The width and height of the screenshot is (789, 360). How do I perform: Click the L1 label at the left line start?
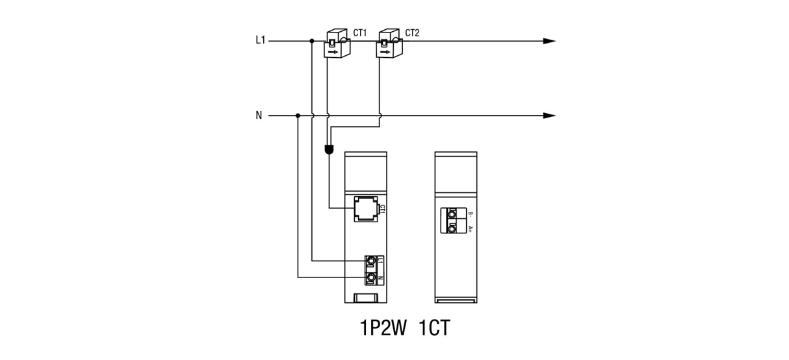260,40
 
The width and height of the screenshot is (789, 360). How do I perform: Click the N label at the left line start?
259,116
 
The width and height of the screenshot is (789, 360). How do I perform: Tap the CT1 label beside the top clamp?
360,32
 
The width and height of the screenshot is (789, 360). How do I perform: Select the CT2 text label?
412,32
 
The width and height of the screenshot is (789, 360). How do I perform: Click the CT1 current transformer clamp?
337,43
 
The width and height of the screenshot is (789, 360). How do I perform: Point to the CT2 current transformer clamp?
389,43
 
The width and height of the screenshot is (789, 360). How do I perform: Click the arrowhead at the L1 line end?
550,41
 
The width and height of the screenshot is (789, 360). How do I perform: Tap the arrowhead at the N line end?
550,116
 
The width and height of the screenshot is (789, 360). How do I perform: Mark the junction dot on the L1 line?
312,41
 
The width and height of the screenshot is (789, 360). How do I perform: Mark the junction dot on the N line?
298,116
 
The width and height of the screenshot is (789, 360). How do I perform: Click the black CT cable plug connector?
329,150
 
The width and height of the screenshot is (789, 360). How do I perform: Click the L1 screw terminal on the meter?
370,262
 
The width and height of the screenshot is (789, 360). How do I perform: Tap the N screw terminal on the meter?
370,278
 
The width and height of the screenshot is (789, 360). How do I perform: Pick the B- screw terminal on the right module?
450,212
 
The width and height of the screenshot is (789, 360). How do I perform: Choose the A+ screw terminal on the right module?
450,227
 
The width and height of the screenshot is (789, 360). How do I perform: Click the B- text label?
470,213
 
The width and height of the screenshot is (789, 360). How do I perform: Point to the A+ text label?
470,228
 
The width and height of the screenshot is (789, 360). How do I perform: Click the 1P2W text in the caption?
383,328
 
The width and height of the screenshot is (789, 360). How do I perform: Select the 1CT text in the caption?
434,328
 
